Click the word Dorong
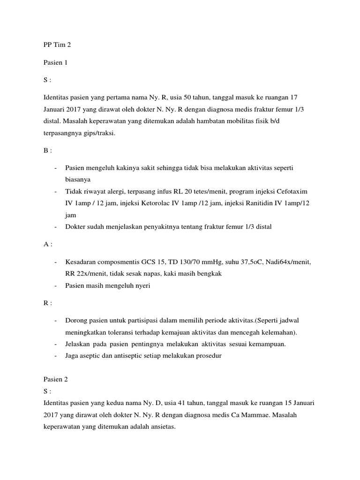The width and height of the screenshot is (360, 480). tap(76, 321)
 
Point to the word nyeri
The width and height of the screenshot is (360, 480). tap(141, 285)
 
